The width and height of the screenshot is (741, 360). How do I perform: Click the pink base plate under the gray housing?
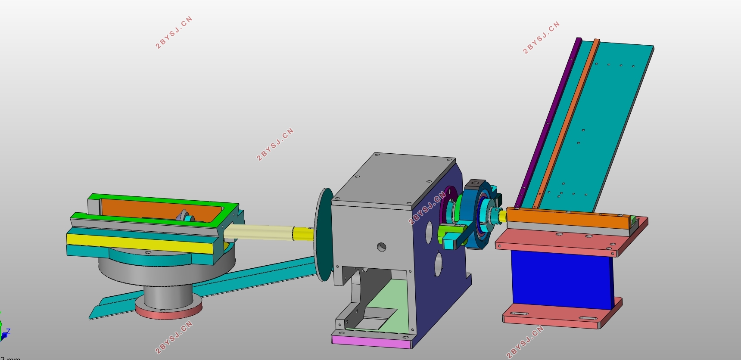click(370, 342)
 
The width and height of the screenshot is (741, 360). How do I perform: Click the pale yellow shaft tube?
click(258, 233)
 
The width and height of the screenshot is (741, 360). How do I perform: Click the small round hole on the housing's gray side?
click(381, 247)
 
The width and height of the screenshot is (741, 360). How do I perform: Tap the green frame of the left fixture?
click(164, 199)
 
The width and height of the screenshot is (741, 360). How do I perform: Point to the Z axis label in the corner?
click(8, 332)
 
